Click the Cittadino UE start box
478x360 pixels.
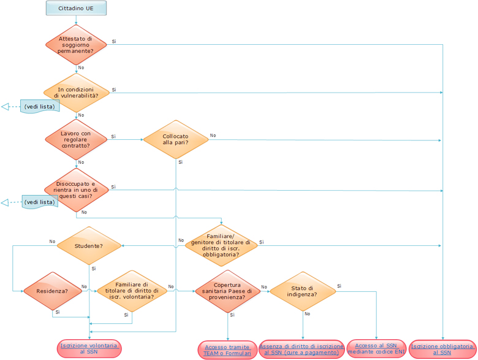[x=76, y=8]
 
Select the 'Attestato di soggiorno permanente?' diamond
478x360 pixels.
[x=76, y=45]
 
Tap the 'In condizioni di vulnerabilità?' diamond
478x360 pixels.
[x=76, y=93]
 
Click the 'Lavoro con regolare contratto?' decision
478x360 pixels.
[x=76, y=140]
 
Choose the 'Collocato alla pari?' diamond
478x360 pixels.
[x=176, y=139]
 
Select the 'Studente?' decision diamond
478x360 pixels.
[x=89, y=246]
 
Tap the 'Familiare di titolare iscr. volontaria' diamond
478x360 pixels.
[x=132, y=291]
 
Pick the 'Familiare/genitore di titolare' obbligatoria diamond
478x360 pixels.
[x=222, y=245]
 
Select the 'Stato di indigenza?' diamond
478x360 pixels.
[x=303, y=291]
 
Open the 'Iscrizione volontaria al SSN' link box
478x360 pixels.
[x=89, y=349]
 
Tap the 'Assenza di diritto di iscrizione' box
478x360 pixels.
[x=302, y=350]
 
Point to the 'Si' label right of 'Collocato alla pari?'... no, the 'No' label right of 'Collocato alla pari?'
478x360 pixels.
[x=213, y=135]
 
